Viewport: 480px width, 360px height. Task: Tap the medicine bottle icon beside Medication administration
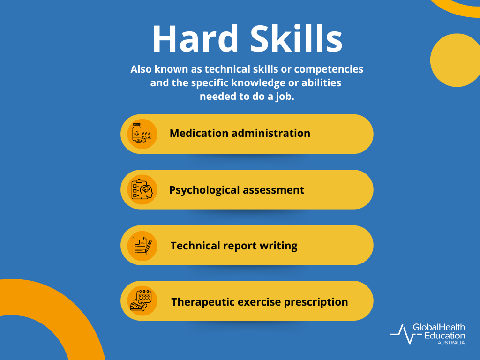click(x=142, y=134)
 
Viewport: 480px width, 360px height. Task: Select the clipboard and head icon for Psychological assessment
click(x=142, y=190)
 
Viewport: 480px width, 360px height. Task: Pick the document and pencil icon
click(x=142, y=246)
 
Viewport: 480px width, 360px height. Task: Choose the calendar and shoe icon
click(x=142, y=301)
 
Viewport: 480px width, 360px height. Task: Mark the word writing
click(x=280, y=246)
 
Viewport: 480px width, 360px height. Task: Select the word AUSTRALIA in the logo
click(x=451, y=343)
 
